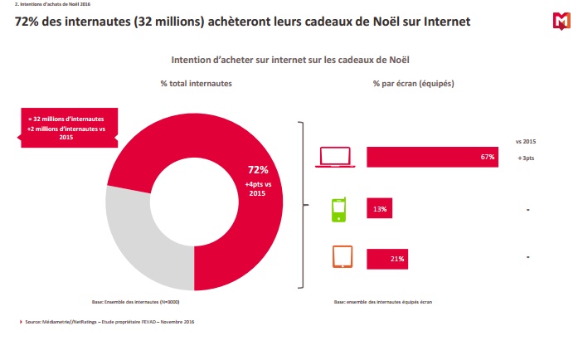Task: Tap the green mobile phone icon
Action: [338, 210]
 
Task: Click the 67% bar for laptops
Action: [432, 156]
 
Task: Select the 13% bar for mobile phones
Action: [380, 210]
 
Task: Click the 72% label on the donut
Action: [258, 169]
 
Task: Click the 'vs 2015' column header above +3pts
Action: [527, 140]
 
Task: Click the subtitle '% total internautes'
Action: [197, 84]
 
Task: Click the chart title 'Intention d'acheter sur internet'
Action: [291, 61]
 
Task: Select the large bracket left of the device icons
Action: [299, 204]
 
